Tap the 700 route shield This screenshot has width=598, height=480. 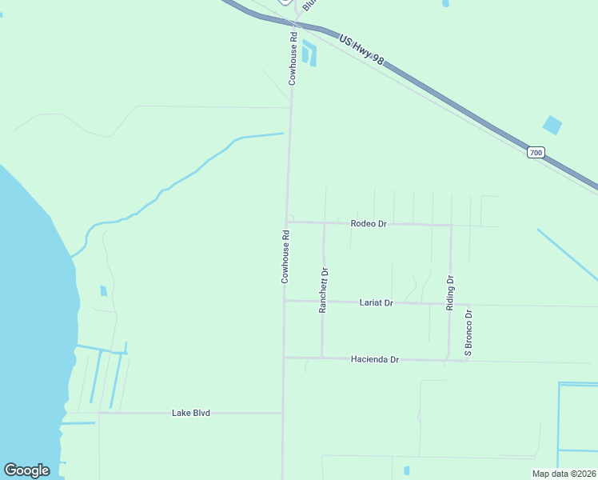coord(536,152)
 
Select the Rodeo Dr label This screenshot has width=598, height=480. coord(369,224)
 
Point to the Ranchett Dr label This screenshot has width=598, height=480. coord(324,290)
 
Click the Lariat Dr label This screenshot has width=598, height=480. coord(377,303)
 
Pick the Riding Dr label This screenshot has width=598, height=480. coord(450,293)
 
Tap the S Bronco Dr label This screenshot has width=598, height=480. coord(469,332)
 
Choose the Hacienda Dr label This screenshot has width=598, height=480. coord(374,360)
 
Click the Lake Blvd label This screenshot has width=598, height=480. coord(191,413)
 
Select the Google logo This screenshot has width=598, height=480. coord(26,470)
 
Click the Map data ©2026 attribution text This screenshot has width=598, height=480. coord(564,474)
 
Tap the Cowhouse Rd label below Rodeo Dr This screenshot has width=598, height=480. coord(285,257)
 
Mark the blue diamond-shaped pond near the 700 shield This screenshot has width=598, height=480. coord(552,125)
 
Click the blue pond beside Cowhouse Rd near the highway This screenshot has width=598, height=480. coord(309,54)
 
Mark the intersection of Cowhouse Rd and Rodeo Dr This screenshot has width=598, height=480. coord(286,222)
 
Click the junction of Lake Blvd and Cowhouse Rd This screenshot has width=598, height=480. coord(283,413)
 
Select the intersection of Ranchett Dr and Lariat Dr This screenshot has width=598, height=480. coord(322,302)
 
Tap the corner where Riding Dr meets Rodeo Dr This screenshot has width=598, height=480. coord(451,225)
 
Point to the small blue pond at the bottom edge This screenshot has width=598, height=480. coord(406,470)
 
